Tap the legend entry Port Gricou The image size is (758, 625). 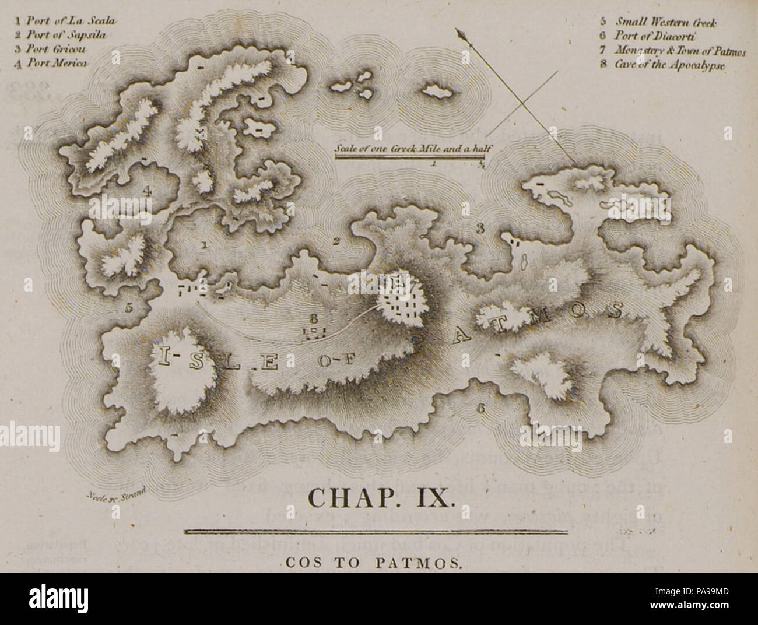click(x=54, y=49)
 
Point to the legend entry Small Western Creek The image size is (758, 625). click(x=659, y=23)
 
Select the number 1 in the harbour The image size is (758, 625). click(x=203, y=245)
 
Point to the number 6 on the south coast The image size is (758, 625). click(x=481, y=409)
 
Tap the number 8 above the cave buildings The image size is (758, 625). click(x=314, y=318)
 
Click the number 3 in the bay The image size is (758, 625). click(x=479, y=229)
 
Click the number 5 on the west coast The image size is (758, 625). click(x=129, y=307)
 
